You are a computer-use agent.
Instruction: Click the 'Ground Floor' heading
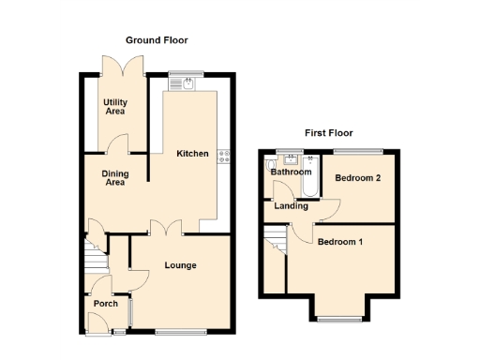pos(157,40)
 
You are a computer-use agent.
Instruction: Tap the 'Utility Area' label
pos(115,106)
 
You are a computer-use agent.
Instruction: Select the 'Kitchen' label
pos(192,154)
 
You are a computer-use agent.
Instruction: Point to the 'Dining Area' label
pos(115,178)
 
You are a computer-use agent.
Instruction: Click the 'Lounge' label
pos(180,265)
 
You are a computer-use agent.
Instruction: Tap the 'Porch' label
pos(104,304)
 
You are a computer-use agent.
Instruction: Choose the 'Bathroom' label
pos(291,172)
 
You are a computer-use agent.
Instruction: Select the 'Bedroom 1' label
pos(339,242)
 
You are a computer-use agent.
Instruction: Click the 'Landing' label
pos(291,206)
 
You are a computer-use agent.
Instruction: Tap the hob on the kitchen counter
pos(224,157)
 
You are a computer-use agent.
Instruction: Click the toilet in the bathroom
pos(269,157)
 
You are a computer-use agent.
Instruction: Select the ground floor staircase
pos(93,255)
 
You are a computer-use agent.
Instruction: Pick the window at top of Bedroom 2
pos(359,150)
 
